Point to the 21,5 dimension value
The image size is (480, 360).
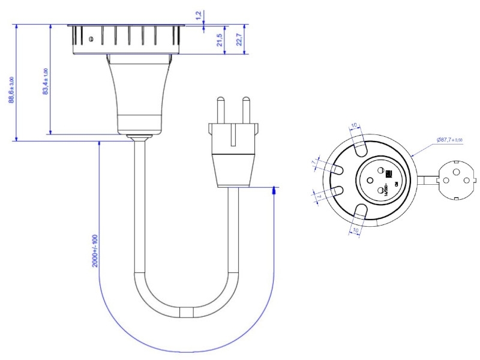point(220,40)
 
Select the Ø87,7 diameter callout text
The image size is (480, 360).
point(450,140)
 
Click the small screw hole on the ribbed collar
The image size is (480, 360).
point(90,40)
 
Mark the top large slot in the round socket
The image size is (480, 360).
point(360,145)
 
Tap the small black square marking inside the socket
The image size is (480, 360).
point(389,174)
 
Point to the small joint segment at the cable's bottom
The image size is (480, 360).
point(187,313)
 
